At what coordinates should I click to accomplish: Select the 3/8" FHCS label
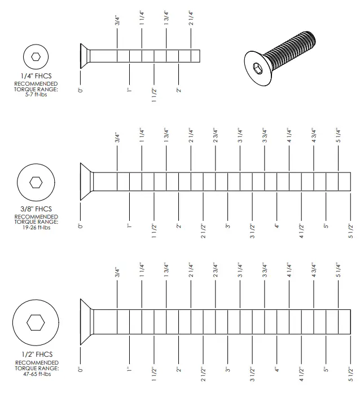pos(36,209)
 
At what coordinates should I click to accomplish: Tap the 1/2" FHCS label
pos(36,354)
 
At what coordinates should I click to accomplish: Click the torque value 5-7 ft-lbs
pos(36,94)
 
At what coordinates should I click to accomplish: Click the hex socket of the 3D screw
pos(257,68)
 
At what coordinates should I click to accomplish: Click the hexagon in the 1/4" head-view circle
pos(36,56)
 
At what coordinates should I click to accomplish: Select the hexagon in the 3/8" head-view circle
pos(36,182)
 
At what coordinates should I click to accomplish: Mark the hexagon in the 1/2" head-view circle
pos(36,323)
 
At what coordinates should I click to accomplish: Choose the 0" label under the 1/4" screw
pos(81,90)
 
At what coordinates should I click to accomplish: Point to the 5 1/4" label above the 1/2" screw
pos(338,273)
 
